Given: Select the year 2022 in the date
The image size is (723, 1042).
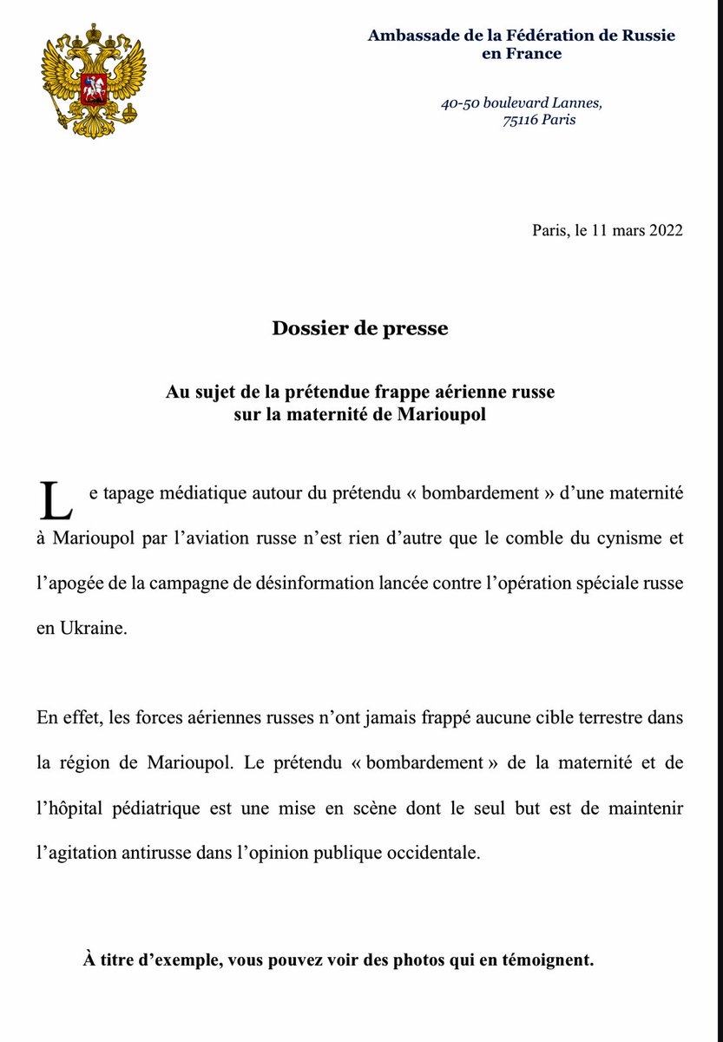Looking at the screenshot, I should coord(665,231).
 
